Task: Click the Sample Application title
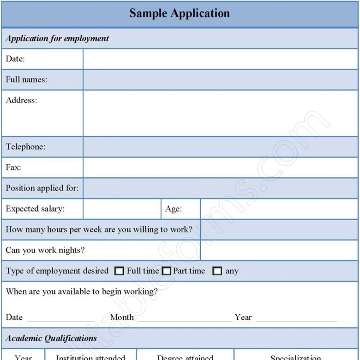click(x=180, y=13)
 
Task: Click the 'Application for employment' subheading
click(x=57, y=39)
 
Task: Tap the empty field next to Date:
click(x=220, y=59)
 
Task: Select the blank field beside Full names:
click(x=220, y=80)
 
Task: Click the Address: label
click(x=21, y=100)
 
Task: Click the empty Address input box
click(x=220, y=113)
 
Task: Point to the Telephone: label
click(x=25, y=147)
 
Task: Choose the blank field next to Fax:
click(x=220, y=168)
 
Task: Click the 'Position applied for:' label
click(x=42, y=188)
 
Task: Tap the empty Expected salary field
click(x=122, y=209)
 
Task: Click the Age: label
click(x=174, y=209)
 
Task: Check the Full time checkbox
click(x=119, y=271)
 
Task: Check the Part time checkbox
click(x=167, y=271)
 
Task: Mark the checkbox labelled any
click(x=217, y=271)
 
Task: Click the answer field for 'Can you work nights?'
click(x=279, y=251)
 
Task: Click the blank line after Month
click(x=185, y=318)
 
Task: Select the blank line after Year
click(x=296, y=318)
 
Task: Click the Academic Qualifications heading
click(x=51, y=338)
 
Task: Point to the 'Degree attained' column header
click(x=185, y=357)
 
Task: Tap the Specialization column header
click(x=295, y=357)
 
